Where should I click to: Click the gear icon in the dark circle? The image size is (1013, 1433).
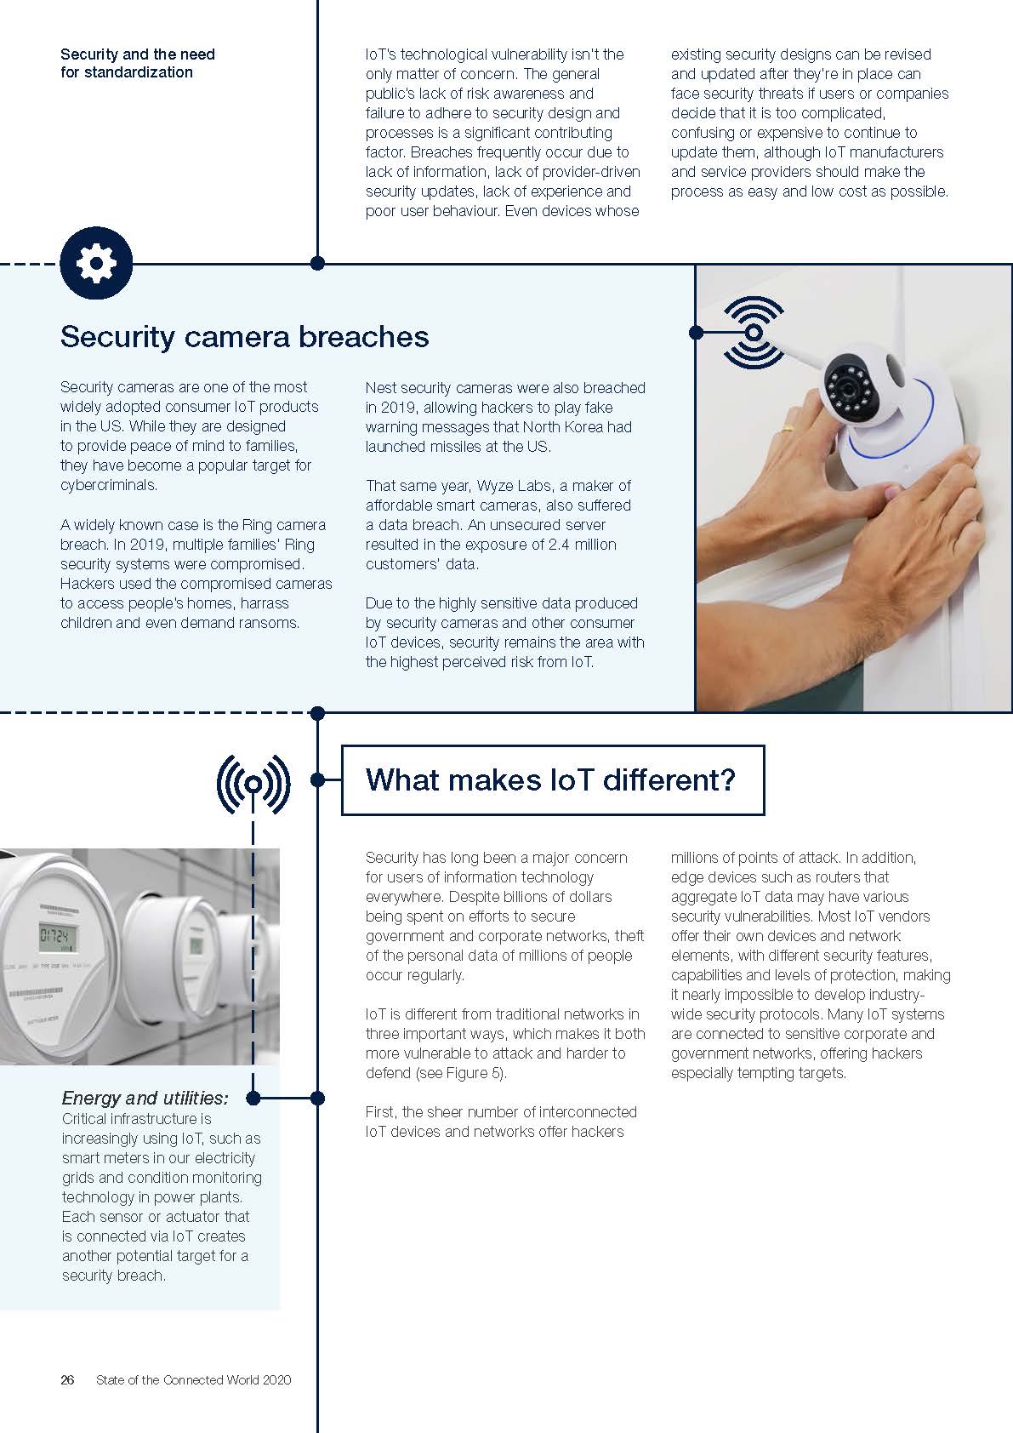(x=96, y=263)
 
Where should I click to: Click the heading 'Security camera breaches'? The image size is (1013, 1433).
(x=244, y=337)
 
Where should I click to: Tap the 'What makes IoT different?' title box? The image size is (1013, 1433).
(x=552, y=780)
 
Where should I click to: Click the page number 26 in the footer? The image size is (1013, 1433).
(x=67, y=1379)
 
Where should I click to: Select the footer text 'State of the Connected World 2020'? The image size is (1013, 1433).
(x=193, y=1379)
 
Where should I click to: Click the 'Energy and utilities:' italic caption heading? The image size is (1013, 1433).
(x=145, y=1098)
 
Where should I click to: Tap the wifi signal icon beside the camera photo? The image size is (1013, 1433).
(x=754, y=332)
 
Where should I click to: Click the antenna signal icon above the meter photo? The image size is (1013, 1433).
(x=253, y=783)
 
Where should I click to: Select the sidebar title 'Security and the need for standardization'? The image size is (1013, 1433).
(x=137, y=63)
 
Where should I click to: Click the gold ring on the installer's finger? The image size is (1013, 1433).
(x=787, y=431)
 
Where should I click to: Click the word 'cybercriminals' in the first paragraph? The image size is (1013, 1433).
(x=108, y=485)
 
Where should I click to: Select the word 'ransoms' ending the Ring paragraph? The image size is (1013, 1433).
(x=271, y=623)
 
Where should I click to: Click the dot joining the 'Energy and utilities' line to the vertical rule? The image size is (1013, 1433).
(x=317, y=1099)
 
